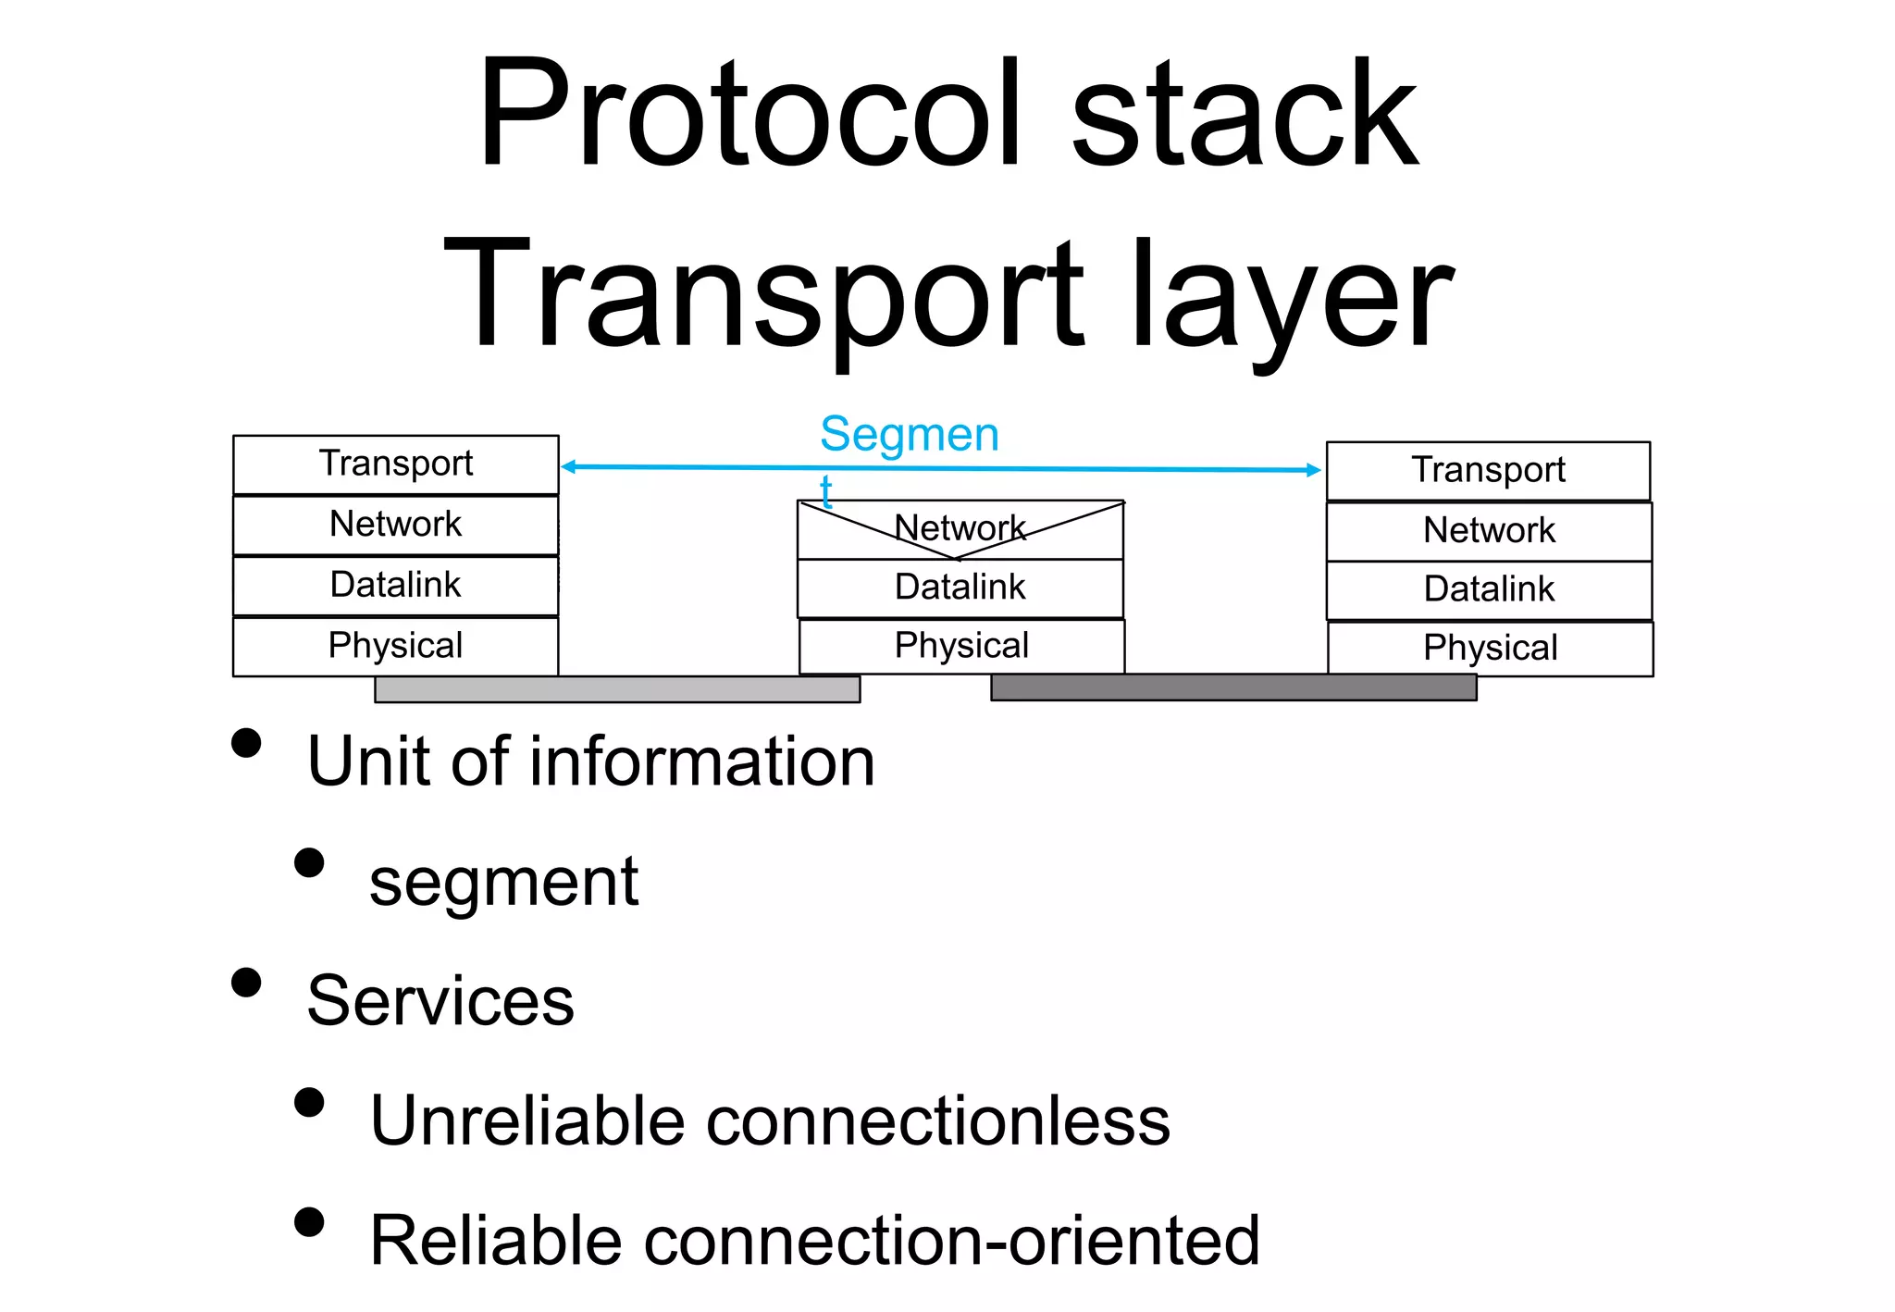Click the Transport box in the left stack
point(396,464)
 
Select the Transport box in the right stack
point(1488,471)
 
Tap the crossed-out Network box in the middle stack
point(960,529)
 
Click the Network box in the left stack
point(396,525)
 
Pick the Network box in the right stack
point(1489,531)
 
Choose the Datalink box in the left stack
point(396,586)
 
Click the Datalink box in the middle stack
point(960,588)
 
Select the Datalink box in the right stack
point(1489,589)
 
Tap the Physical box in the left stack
point(396,646)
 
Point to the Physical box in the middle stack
point(961,646)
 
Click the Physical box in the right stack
point(1490,649)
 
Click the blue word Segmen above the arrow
point(910,435)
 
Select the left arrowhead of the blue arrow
point(569,467)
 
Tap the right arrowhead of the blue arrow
point(1313,470)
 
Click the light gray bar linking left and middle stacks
point(617,689)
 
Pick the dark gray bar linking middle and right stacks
point(1233,687)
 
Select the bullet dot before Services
point(246,983)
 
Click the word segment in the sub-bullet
point(503,882)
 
